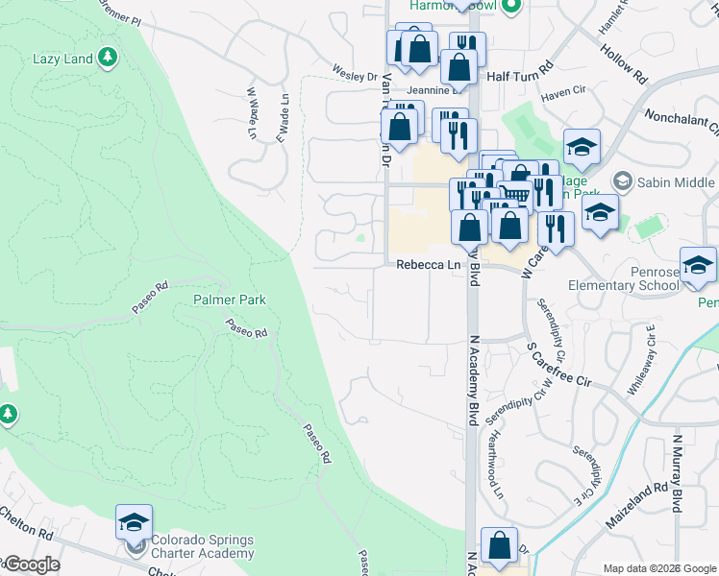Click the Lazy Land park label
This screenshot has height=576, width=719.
[62, 59]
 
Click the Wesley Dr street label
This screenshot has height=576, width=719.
[355, 75]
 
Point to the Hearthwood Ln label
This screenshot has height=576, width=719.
[496, 464]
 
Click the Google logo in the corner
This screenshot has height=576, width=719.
[31, 564]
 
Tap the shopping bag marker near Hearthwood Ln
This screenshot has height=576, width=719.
[499, 545]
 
